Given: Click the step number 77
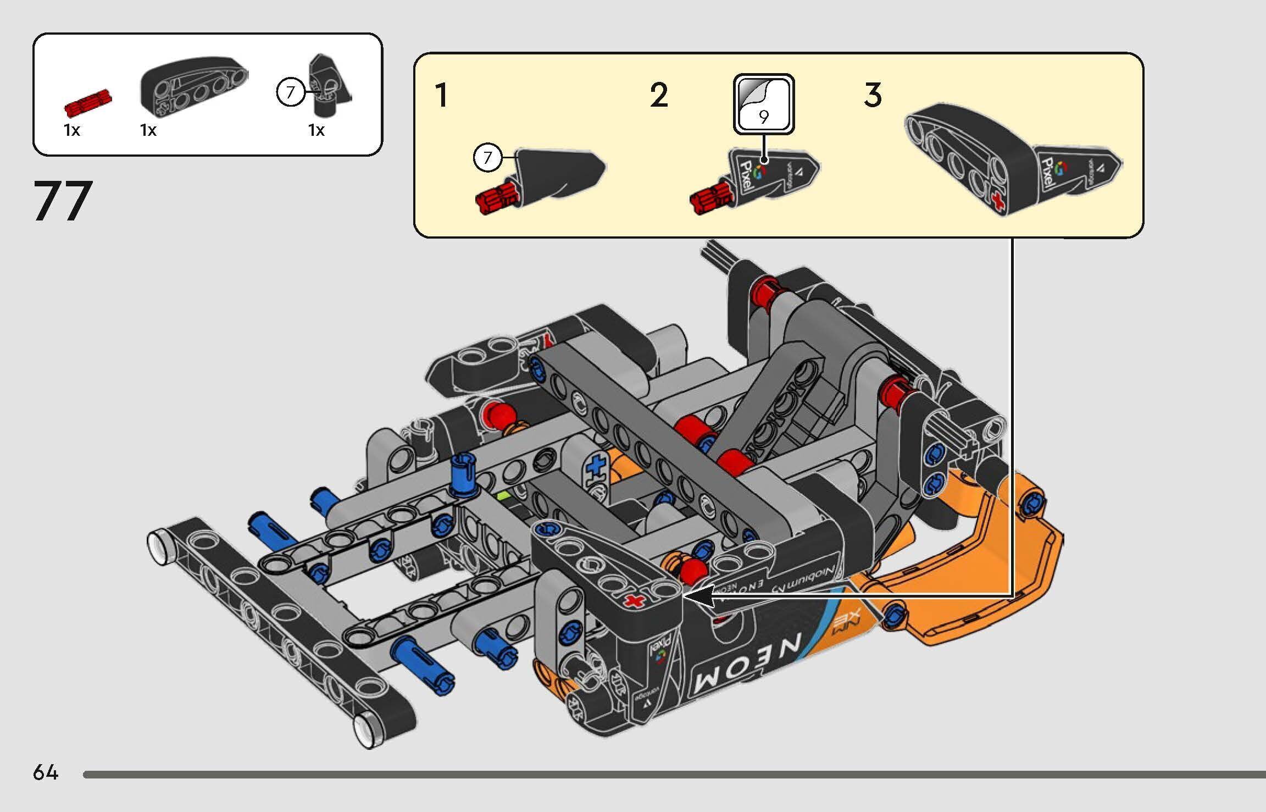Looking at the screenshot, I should tap(63, 201).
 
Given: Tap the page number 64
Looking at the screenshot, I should tap(45, 772).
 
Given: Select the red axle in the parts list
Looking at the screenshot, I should tap(88, 104).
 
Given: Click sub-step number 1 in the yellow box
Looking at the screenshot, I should tap(441, 95).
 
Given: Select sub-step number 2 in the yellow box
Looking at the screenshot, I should tap(659, 95).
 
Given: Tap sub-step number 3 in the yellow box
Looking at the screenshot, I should tap(873, 95).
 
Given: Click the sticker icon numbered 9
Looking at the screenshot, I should tap(763, 104).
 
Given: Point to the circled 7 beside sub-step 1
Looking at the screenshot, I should tap(487, 158).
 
